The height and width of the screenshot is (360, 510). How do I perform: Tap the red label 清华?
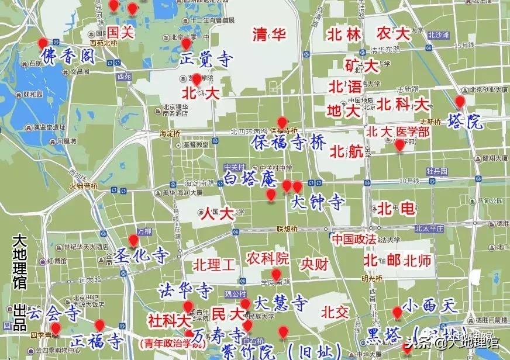click(269, 34)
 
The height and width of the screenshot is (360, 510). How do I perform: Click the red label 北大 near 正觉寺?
click(200, 93)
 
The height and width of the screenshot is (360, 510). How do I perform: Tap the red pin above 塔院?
click(460, 102)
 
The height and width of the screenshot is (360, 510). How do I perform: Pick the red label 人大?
click(217, 213)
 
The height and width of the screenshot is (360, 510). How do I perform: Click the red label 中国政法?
click(354, 240)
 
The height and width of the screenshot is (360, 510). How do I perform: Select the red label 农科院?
click(267, 258)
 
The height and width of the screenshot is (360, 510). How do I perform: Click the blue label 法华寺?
click(184, 290)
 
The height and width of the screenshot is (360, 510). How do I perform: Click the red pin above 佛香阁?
click(43, 43)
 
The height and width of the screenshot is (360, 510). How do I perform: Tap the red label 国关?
click(120, 33)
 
